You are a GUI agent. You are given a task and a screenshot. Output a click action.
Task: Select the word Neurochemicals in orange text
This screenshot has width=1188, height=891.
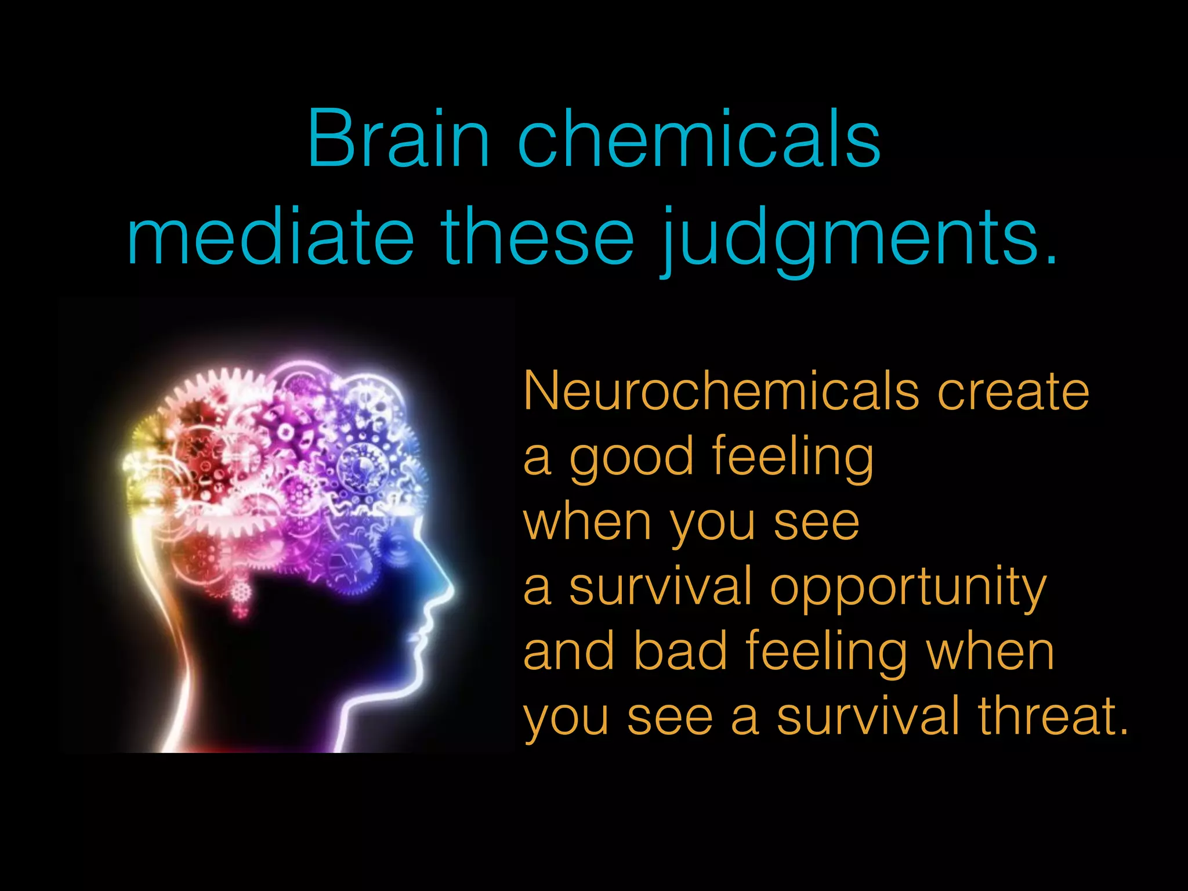point(721,391)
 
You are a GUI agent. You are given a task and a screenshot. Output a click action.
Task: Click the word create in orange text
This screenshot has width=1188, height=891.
point(1013,391)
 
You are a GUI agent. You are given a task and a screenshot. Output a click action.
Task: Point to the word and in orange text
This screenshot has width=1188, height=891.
point(568,651)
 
